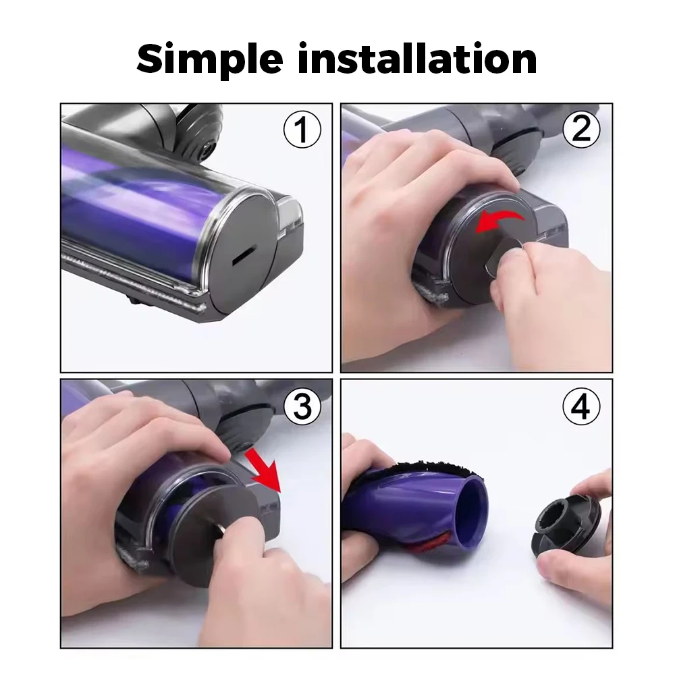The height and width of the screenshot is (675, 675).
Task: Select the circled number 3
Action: tap(302, 406)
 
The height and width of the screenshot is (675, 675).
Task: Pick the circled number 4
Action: tap(581, 406)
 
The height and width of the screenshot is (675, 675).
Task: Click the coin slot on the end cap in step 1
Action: tap(242, 256)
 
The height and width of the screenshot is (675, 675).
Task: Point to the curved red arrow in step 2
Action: tap(500, 221)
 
